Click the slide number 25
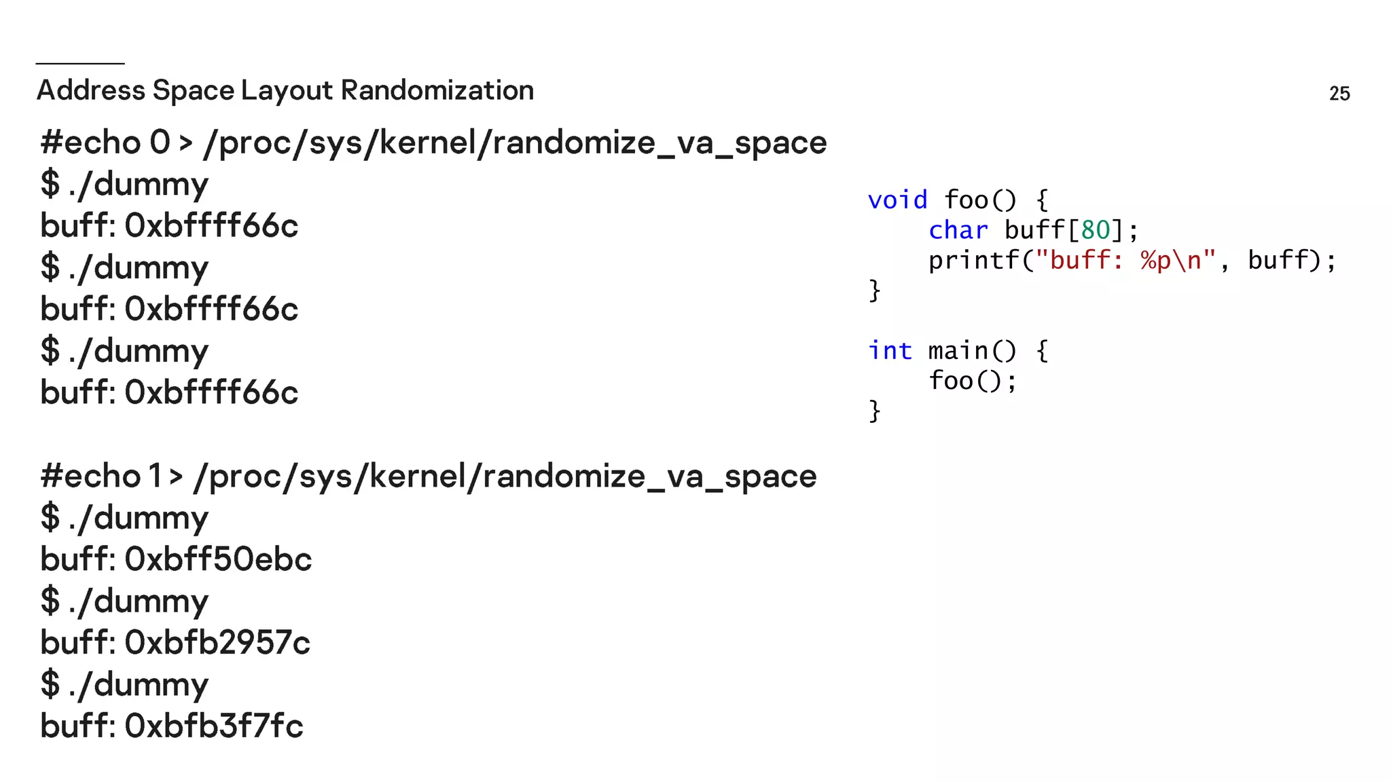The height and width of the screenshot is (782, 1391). click(1339, 94)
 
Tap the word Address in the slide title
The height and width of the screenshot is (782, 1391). click(91, 90)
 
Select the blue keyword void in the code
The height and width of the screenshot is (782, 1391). click(897, 200)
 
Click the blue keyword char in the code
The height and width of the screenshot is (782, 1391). click(958, 230)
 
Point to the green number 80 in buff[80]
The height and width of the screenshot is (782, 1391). click(1095, 230)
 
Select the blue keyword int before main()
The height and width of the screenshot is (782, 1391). click(890, 351)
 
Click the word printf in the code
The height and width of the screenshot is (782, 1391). click(974, 260)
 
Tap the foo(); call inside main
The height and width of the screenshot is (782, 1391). click(972, 381)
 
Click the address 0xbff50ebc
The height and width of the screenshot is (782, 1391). click(218, 559)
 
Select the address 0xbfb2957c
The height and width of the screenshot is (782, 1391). click(217, 642)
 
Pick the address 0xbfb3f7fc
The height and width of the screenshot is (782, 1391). click(214, 726)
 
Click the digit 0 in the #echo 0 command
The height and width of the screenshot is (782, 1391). click(160, 143)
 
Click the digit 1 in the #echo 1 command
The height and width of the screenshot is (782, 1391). click(156, 476)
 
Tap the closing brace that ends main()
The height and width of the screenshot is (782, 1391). click(875, 411)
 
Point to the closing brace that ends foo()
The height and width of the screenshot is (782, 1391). click(875, 291)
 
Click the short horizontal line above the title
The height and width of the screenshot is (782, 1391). click(80, 63)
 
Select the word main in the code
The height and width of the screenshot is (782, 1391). click(958, 351)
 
